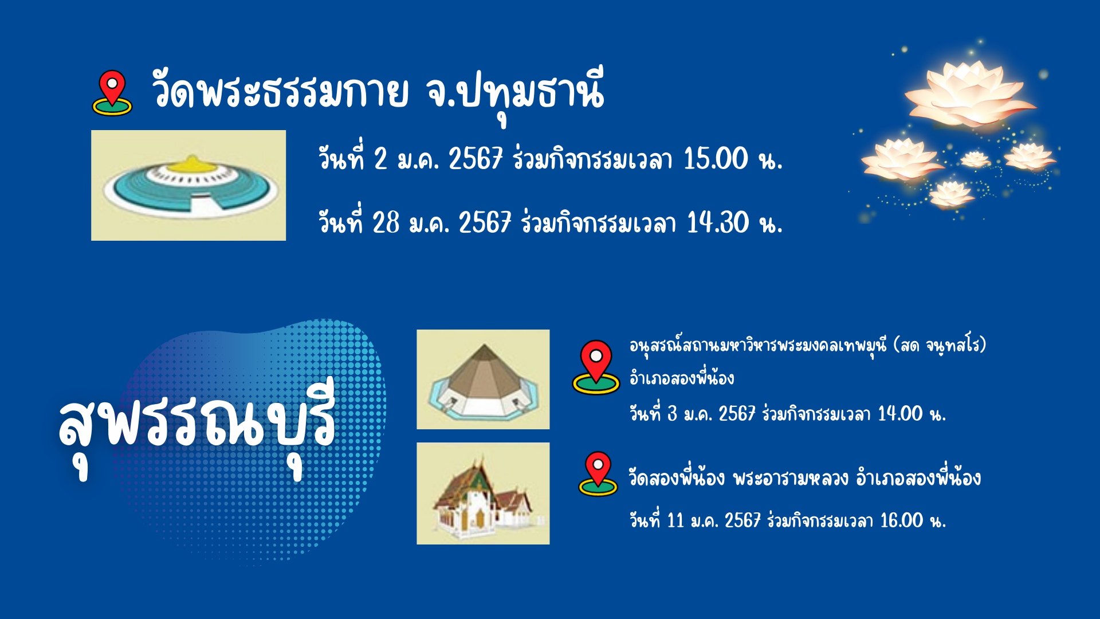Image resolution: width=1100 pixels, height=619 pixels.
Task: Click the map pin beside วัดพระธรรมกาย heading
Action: click(x=112, y=93)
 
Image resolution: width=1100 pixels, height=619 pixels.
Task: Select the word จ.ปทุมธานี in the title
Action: click(x=515, y=95)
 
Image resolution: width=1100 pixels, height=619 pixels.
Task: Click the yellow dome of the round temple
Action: click(x=190, y=164)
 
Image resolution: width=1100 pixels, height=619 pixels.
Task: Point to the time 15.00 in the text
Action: click(x=716, y=159)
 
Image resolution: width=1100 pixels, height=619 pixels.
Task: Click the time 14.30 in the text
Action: click(x=717, y=222)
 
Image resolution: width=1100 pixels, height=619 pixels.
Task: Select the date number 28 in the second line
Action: click(x=386, y=222)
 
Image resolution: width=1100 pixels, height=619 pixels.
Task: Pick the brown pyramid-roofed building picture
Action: click(x=483, y=379)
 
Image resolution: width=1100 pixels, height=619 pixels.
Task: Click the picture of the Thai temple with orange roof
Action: click(x=483, y=493)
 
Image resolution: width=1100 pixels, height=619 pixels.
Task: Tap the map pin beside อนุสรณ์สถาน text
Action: click(x=596, y=367)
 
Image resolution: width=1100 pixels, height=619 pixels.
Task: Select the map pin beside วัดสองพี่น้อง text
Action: click(x=598, y=474)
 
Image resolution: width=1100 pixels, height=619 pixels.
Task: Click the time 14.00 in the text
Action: click(x=900, y=414)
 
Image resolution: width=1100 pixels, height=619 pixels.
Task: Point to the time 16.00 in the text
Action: click(x=902, y=520)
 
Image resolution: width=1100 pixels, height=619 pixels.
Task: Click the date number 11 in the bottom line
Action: click(x=676, y=520)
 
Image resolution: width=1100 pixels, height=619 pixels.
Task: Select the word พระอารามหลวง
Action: click(x=791, y=478)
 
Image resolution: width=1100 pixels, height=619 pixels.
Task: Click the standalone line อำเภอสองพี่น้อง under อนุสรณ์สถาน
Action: click(x=682, y=378)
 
